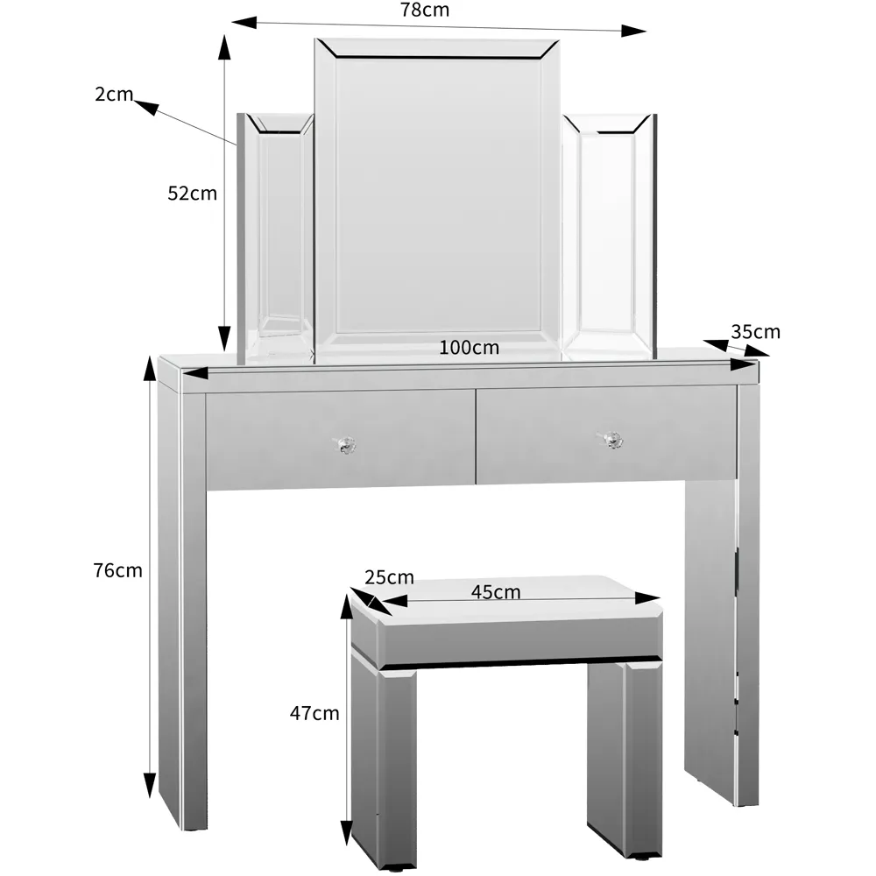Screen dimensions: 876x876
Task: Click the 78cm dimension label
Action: click(x=424, y=11)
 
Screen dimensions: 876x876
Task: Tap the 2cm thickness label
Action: click(x=113, y=94)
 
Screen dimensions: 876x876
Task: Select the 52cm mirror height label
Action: click(x=192, y=194)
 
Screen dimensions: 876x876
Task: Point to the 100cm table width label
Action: click(x=470, y=348)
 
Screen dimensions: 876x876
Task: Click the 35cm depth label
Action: click(x=755, y=332)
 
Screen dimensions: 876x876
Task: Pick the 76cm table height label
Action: click(x=117, y=570)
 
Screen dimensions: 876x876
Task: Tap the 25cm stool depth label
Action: click(x=389, y=577)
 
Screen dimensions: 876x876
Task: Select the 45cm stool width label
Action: click(x=496, y=592)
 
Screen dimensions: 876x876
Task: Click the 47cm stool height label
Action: click(x=314, y=713)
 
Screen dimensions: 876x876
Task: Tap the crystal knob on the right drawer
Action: click(x=611, y=440)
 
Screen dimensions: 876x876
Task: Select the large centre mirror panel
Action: click(x=437, y=197)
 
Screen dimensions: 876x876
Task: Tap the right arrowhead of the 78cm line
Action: click(x=633, y=32)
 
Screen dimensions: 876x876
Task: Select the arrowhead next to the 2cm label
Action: click(x=145, y=107)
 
